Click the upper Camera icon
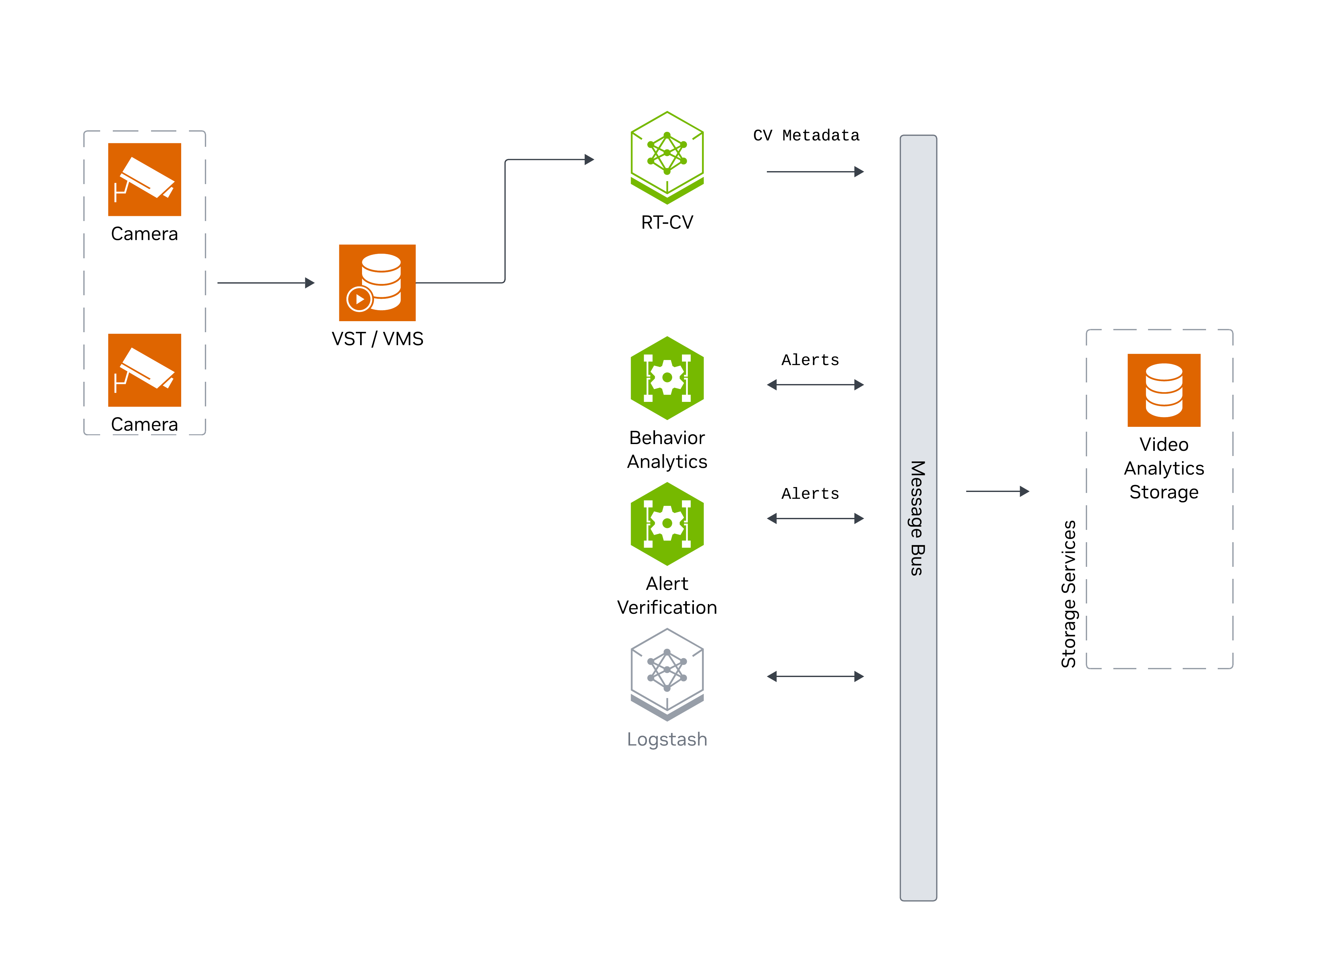point(145,180)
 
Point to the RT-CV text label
point(667,223)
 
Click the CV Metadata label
point(806,136)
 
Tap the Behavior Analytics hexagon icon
point(667,378)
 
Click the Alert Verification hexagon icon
point(667,523)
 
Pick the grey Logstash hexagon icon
point(667,673)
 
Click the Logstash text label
point(667,739)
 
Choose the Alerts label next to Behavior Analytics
point(810,360)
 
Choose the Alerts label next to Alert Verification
point(810,494)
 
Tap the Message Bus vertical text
point(918,518)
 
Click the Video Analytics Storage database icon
point(1164,390)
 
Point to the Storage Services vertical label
point(1068,594)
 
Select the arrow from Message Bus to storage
point(997,491)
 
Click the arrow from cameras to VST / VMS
point(265,283)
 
